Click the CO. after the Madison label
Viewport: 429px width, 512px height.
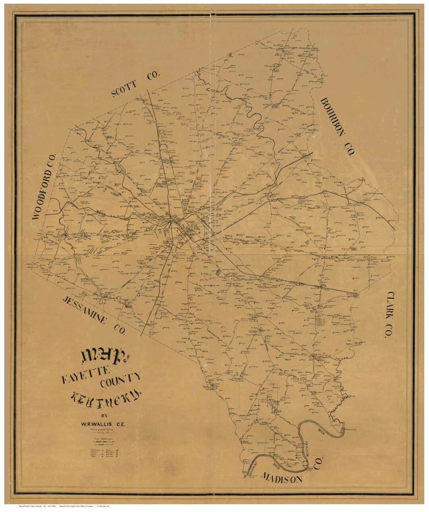coord(320,462)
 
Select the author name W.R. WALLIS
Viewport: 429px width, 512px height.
coord(103,424)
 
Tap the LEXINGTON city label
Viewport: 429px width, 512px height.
coord(186,229)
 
